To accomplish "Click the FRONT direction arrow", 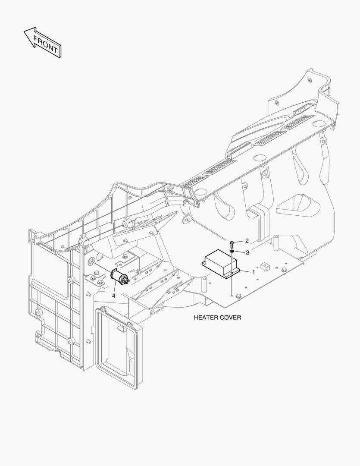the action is [43, 42].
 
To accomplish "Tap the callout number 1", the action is [254, 272].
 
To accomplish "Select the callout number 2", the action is [247, 241].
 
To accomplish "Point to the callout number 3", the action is [247, 252].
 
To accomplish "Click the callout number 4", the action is [113, 296].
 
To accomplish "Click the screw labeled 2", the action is [232, 245].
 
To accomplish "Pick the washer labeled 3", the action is [232, 252].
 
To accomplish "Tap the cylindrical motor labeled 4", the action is [120, 277].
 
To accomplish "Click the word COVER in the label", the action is [231, 318].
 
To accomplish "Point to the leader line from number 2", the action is [239, 242].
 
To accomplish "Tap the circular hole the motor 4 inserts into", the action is [91, 261].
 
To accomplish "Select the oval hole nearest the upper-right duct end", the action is [319, 123].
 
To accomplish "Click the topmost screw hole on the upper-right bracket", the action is [310, 80].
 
